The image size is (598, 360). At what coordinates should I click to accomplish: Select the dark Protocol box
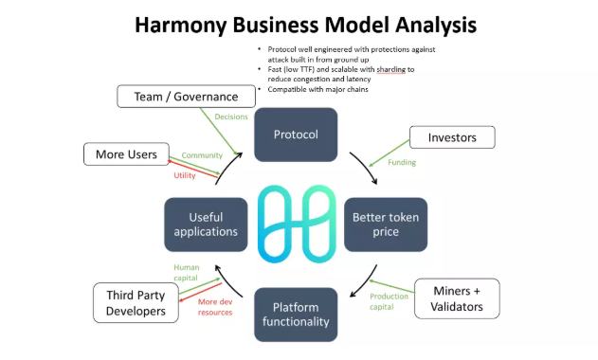click(x=296, y=135)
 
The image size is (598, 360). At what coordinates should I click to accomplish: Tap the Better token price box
click(x=385, y=224)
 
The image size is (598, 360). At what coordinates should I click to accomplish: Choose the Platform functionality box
click(x=296, y=314)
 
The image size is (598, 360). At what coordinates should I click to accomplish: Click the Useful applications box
click(x=206, y=224)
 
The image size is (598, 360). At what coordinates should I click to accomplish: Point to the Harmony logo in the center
click(x=296, y=225)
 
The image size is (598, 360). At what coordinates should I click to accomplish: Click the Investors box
click(x=453, y=137)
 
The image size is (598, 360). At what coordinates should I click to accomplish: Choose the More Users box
click(x=126, y=153)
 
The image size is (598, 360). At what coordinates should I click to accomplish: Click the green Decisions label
click(x=231, y=117)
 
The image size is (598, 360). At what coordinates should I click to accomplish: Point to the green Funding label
click(x=402, y=163)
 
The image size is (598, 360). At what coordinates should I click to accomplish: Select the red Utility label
click(x=184, y=175)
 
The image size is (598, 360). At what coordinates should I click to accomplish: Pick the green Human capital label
click(x=186, y=273)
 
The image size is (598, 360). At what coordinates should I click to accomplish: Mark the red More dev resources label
click(x=215, y=307)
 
